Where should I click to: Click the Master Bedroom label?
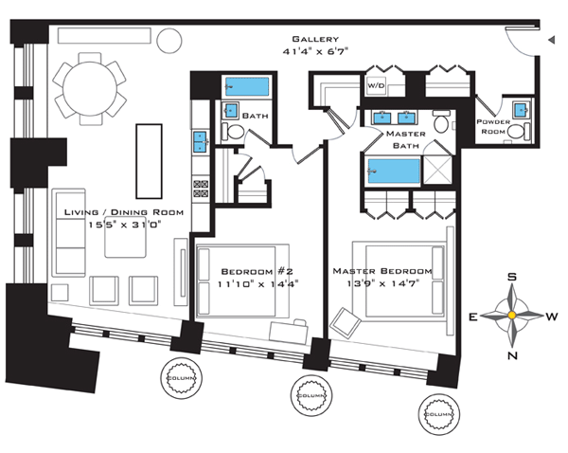[x=382, y=271]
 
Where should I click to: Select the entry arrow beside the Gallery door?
[x=550, y=39]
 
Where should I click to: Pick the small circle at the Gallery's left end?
[x=169, y=40]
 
